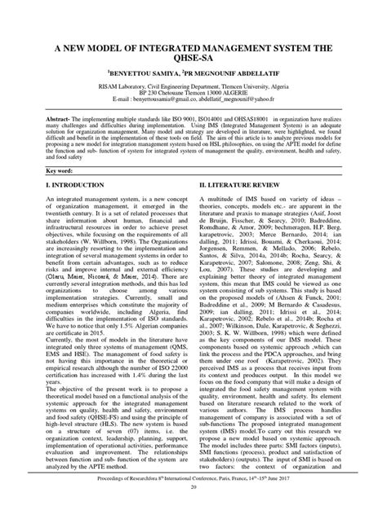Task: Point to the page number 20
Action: tap(193, 509)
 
